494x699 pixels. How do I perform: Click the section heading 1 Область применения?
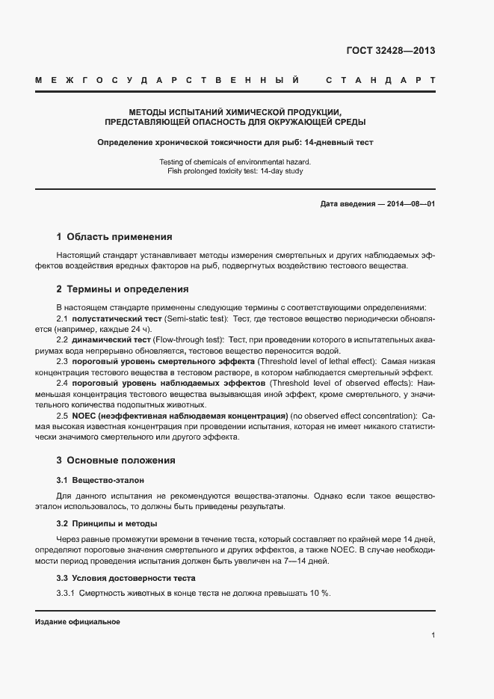pos(114,237)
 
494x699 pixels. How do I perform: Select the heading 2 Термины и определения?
pos(122,289)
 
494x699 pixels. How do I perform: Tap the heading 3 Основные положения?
pos(116,461)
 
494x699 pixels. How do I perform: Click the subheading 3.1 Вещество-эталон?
pos(100,479)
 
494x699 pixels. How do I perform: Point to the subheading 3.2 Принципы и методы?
pos(107,523)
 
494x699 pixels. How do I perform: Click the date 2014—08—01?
pos(410,203)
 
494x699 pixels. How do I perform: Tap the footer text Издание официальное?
pos(78,622)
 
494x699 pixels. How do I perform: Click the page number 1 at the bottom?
pos(433,635)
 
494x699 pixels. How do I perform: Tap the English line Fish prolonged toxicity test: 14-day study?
pos(235,171)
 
